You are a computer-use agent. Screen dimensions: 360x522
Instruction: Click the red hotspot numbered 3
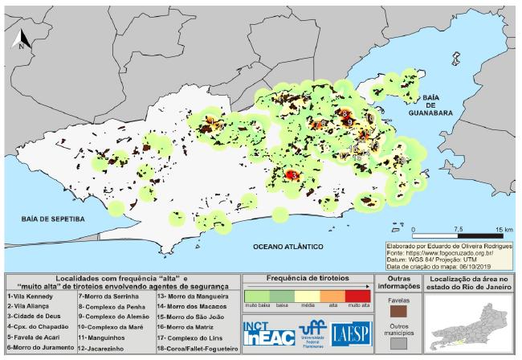tap(292, 174)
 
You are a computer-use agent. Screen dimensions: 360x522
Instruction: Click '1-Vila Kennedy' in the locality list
tap(29, 295)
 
